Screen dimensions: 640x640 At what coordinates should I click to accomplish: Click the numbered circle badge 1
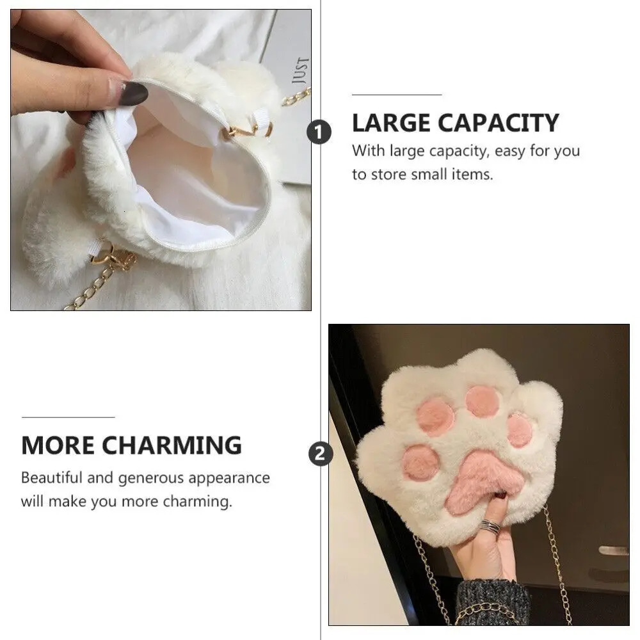pos(319,132)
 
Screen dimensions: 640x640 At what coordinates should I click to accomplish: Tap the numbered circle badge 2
pos(321,454)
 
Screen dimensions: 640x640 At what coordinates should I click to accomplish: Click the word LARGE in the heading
pos(391,124)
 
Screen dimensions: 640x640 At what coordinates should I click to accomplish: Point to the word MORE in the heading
pos(58,445)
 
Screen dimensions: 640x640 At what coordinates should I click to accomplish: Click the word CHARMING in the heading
pos(172,445)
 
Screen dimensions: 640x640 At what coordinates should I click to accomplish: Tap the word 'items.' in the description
pos(472,175)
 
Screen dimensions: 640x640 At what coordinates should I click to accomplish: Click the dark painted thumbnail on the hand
pos(134,93)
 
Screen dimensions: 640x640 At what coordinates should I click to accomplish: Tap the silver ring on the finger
pos(490,525)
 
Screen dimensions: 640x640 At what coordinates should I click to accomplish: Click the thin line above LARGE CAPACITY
pos(397,95)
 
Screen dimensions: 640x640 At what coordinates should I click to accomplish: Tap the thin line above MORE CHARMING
pos(68,417)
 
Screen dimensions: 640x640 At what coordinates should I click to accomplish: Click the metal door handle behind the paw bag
pos(613,550)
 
